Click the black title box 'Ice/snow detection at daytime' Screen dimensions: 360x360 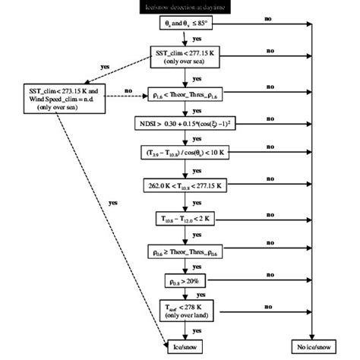tap(182, 7)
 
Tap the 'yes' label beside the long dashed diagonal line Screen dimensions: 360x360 tap(112, 203)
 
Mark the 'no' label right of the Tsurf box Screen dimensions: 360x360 tap(267, 305)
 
